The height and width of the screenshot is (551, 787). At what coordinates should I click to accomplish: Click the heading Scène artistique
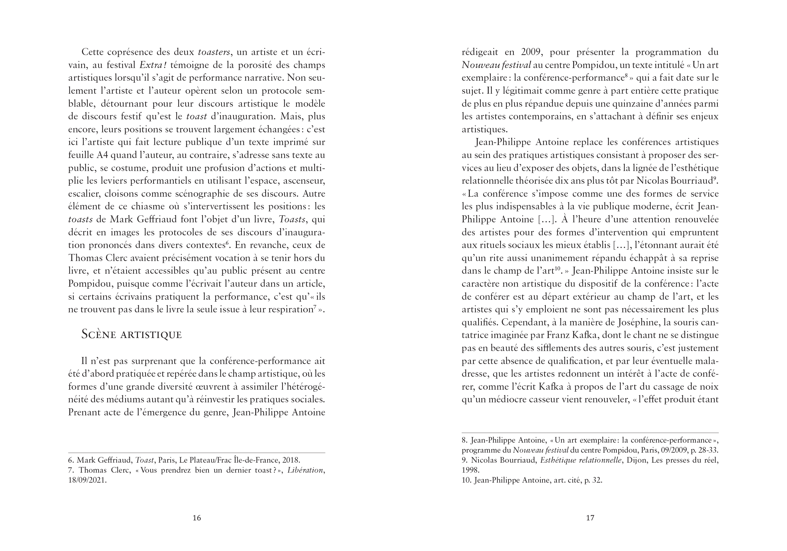coord(131,335)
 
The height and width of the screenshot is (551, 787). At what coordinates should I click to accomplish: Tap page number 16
coord(196,518)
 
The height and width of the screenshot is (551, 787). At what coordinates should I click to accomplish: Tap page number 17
coord(590,518)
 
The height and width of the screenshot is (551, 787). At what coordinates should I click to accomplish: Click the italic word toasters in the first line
coord(214,52)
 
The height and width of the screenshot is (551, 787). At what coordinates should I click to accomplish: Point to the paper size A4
coord(102,155)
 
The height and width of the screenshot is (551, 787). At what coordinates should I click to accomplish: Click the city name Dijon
coord(636,460)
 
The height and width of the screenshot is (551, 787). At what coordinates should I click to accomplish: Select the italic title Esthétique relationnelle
coord(581,460)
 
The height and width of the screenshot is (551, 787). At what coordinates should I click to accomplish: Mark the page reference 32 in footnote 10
coord(597,480)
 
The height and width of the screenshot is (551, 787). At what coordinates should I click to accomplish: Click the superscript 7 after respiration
coord(314,307)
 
